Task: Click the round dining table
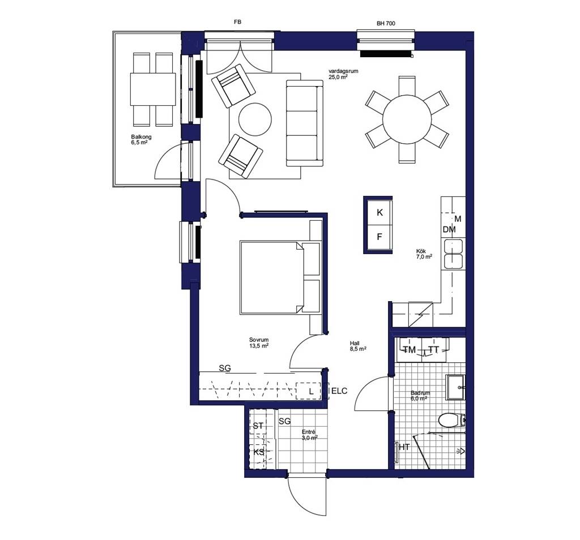tap(407, 119)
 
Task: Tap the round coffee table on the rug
tap(255, 119)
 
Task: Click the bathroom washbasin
tap(455, 387)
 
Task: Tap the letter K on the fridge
tap(379, 212)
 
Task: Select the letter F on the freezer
tap(379, 237)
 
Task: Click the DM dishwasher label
tap(449, 229)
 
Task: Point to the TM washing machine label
tap(409, 350)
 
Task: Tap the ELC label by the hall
tap(340, 391)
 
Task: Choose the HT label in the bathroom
tap(404, 447)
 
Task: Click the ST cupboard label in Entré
tap(258, 426)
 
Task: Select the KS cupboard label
tap(259, 452)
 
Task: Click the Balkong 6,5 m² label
tap(141, 139)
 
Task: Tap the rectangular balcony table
tap(153, 89)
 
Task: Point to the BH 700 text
tap(386, 23)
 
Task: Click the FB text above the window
tap(237, 22)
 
